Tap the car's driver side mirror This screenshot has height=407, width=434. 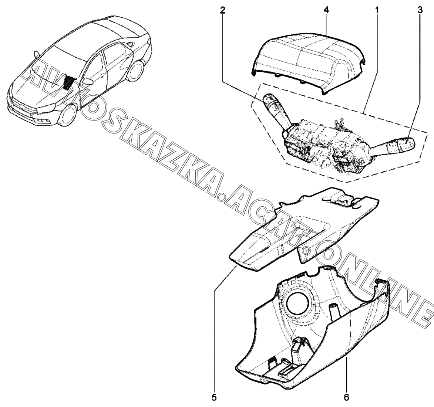pyautogui.click(x=88, y=81)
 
